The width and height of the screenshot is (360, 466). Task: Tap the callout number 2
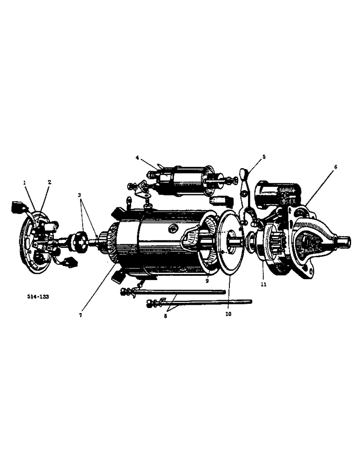[49, 182]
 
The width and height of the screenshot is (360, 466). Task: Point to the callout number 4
[138, 158]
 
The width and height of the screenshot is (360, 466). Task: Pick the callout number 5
[263, 157]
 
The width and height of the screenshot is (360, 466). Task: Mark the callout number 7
[81, 315]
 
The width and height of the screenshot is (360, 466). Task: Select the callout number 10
[228, 314]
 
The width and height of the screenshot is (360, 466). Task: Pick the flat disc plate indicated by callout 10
[229, 242]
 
